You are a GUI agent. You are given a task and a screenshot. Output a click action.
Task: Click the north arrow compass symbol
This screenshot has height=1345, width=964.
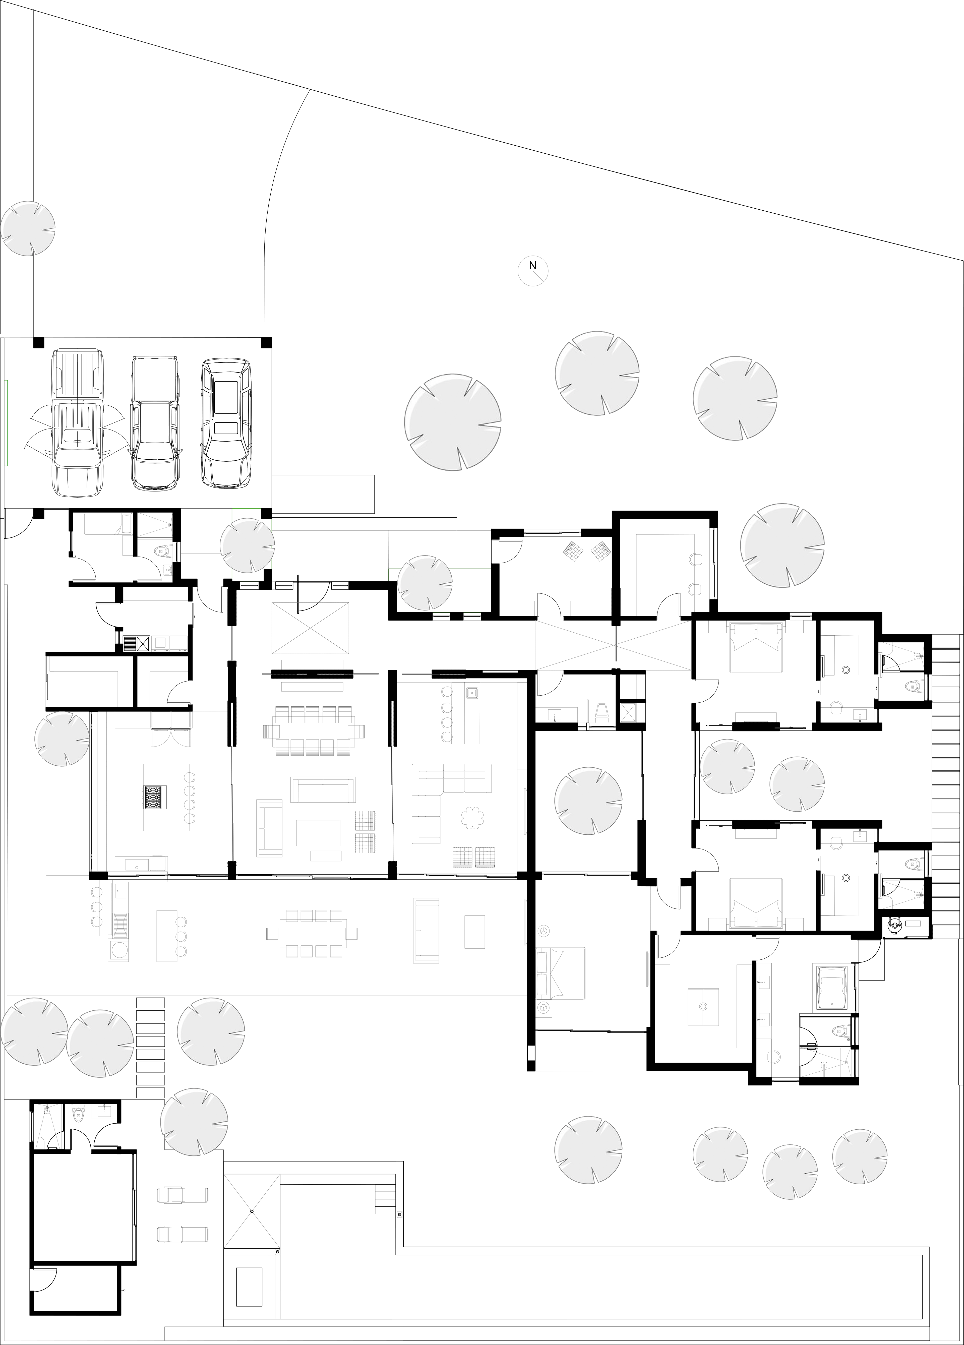[533, 271]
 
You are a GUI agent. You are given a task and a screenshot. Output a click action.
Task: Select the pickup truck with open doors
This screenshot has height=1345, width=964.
[78, 424]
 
